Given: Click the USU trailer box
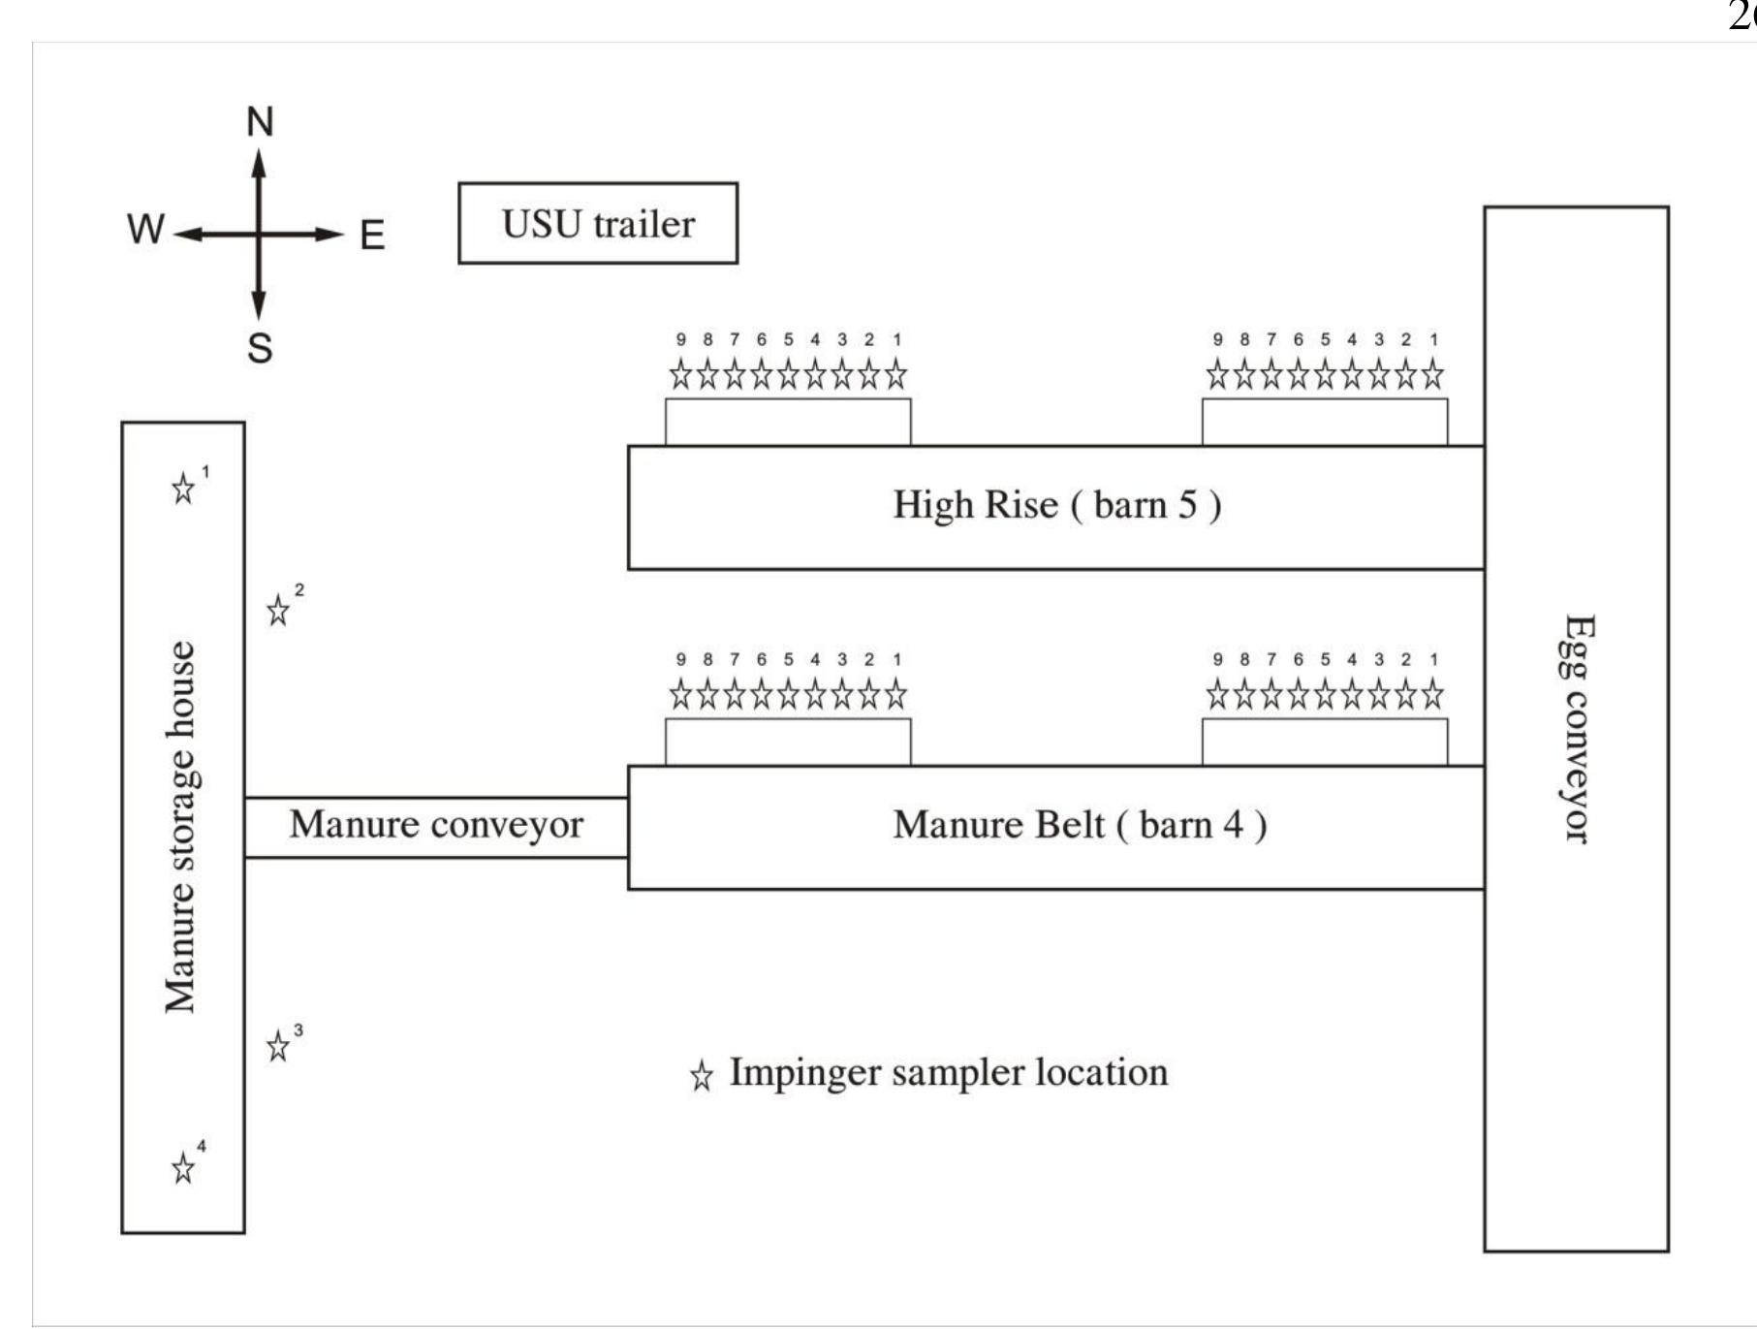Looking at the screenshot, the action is (598, 223).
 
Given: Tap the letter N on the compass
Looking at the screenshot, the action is (260, 122).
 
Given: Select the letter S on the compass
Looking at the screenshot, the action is (260, 347).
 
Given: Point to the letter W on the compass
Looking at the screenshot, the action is (145, 230).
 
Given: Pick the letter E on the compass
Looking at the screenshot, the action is (372, 236).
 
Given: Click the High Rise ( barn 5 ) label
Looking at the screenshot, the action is (1057, 505).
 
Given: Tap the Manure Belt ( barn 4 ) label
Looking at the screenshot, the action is (1080, 825).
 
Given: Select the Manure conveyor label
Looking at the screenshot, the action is (436, 825).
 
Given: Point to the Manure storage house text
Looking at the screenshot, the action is (181, 827).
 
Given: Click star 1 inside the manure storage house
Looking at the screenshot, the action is (182, 489).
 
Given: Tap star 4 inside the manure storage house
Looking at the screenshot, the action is (182, 1168).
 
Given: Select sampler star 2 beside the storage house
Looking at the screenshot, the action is (278, 611).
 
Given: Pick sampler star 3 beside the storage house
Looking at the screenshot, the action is (278, 1047).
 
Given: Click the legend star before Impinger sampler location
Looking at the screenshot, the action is (702, 1076).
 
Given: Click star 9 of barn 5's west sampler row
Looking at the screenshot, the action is (681, 374).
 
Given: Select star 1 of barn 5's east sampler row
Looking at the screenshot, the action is (1433, 374).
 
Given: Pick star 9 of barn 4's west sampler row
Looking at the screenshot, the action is (681, 694).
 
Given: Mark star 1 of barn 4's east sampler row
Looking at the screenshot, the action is (1433, 694).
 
